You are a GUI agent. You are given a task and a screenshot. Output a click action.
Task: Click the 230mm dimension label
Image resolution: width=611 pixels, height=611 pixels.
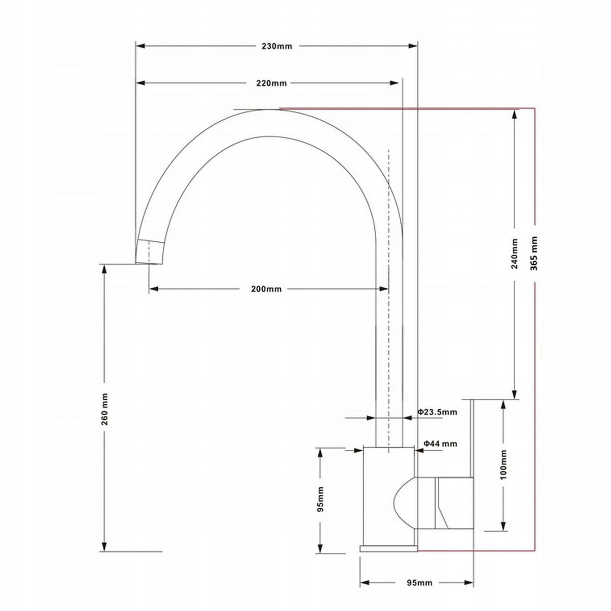point(277,46)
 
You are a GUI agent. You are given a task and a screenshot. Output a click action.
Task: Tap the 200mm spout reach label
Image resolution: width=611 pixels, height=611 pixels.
point(266,289)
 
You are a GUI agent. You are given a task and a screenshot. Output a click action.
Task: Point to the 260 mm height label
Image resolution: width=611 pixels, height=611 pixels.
point(104,409)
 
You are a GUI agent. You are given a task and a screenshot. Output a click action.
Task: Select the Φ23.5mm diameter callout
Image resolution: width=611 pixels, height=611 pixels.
point(437,412)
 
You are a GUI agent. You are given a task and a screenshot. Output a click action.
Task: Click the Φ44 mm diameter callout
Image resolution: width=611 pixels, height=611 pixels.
point(440,443)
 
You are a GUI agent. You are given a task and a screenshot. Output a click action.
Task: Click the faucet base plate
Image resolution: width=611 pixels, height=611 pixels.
point(388,548)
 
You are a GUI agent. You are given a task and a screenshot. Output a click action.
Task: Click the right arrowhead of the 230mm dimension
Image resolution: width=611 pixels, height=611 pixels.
point(413,46)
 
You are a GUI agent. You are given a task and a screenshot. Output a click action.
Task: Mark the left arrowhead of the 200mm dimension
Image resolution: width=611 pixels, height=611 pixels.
point(154,289)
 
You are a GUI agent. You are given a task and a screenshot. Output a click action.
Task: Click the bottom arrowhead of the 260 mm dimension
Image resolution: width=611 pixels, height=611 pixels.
point(104,547)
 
